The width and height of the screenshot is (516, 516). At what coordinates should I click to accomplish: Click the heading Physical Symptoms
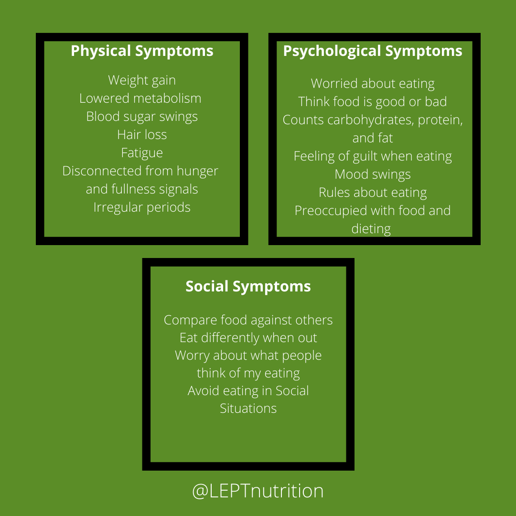click(142, 51)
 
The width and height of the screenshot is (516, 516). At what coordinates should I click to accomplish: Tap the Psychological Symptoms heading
click(373, 51)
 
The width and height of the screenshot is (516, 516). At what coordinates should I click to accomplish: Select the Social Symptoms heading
click(248, 286)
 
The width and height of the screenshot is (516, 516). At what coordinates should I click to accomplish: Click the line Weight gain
click(142, 80)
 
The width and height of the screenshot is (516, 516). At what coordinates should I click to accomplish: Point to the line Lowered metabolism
click(140, 98)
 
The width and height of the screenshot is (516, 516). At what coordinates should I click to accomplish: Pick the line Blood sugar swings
click(142, 117)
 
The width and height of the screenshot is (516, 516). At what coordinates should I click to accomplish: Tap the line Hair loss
click(142, 135)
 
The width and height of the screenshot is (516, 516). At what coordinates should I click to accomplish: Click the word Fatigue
click(142, 153)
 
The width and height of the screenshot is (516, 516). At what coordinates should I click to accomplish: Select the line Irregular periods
click(142, 207)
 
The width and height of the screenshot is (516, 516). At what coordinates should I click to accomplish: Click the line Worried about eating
click(373, 84)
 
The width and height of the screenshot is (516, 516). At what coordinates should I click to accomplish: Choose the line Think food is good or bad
click(373, 102)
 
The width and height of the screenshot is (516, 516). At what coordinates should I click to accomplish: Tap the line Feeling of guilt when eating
click(373, 156)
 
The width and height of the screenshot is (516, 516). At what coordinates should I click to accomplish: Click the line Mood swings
click(373, 174)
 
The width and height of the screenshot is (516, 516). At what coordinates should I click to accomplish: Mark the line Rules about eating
click(373, 193)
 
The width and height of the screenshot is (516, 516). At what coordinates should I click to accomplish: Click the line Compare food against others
click(248, 320)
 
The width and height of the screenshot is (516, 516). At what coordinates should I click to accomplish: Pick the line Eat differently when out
click(248, 338)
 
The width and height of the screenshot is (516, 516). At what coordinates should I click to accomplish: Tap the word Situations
click(248, 408)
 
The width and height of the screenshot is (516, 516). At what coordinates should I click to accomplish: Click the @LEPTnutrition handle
click(258, 491)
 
